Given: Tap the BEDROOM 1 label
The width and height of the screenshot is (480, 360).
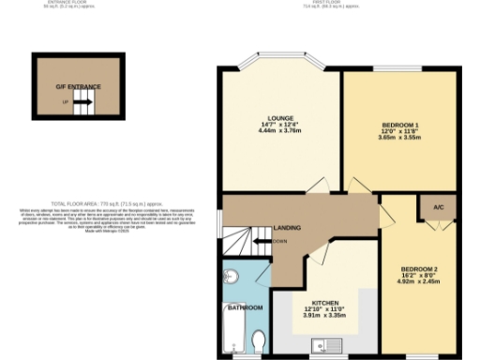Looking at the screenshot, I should (401, 124).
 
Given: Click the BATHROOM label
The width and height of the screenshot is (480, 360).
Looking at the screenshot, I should (246, 307).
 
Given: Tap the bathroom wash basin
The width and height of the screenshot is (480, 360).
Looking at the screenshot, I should (233, 277).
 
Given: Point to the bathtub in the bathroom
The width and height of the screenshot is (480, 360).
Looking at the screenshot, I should (233, 333).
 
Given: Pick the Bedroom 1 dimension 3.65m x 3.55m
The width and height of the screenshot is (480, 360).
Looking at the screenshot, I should (401, 138).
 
